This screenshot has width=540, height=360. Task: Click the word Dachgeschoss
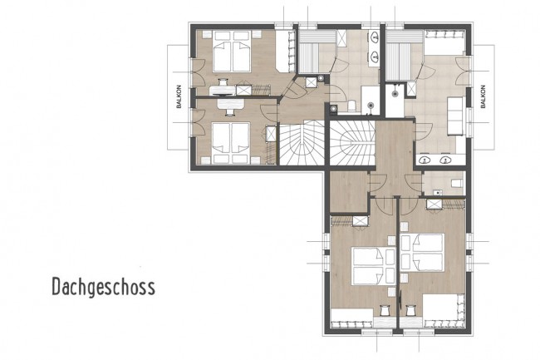click(102, 287)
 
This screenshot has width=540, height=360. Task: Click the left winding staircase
click(301, 142)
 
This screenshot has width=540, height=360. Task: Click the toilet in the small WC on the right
click(455, 182)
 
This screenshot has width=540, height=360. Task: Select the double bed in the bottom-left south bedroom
click(368, 265)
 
